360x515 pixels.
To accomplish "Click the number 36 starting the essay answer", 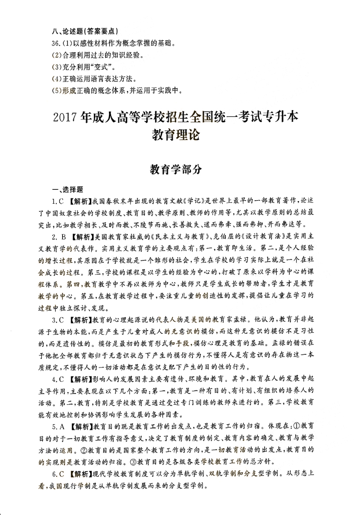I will point(56,44).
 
